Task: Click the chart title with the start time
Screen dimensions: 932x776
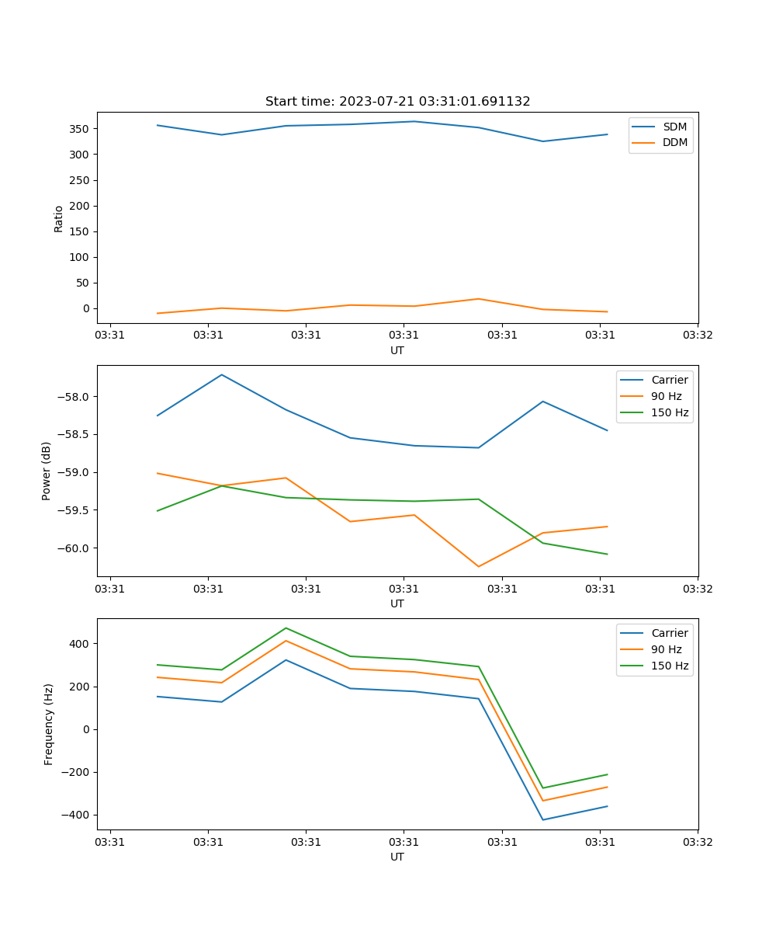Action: tap(397, 102)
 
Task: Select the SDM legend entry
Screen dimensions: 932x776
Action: tap(674, 127)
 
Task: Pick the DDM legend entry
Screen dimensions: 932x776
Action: tap(674, 143)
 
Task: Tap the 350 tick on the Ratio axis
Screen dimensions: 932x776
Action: tap(81, 128)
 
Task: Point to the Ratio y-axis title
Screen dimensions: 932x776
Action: tap(59, 219)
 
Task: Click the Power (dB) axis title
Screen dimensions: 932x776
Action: tap(47, 471)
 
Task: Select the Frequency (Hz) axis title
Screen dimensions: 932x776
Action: tap(48, 724)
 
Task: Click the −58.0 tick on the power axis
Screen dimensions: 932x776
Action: tap(74, 397)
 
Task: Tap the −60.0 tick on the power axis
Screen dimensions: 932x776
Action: tap(74, 548)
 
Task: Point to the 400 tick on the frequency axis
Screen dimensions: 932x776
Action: tap(81, 644)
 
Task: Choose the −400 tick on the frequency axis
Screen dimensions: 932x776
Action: tap(78, 815)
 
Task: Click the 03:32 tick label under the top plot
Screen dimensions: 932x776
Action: tap(697, 336)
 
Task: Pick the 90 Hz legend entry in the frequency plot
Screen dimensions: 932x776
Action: tap(666, 649)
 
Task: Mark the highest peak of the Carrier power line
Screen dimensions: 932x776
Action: tap(222, 375)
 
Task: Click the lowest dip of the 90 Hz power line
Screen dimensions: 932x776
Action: tap(478, 566)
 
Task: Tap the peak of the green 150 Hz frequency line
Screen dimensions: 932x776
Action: tap(286, 628)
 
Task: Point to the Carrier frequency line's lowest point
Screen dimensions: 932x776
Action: tap(542, 819)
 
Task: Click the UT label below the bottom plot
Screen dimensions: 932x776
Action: tap(397, 857)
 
